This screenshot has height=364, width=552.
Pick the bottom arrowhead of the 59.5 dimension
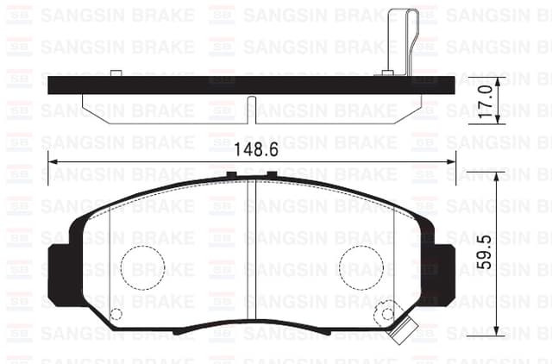pos(498,330)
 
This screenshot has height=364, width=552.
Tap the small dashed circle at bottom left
pos(116,314)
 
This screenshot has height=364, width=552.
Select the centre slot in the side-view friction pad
pos(251,110)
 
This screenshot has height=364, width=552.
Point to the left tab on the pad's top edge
pos(231,175)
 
